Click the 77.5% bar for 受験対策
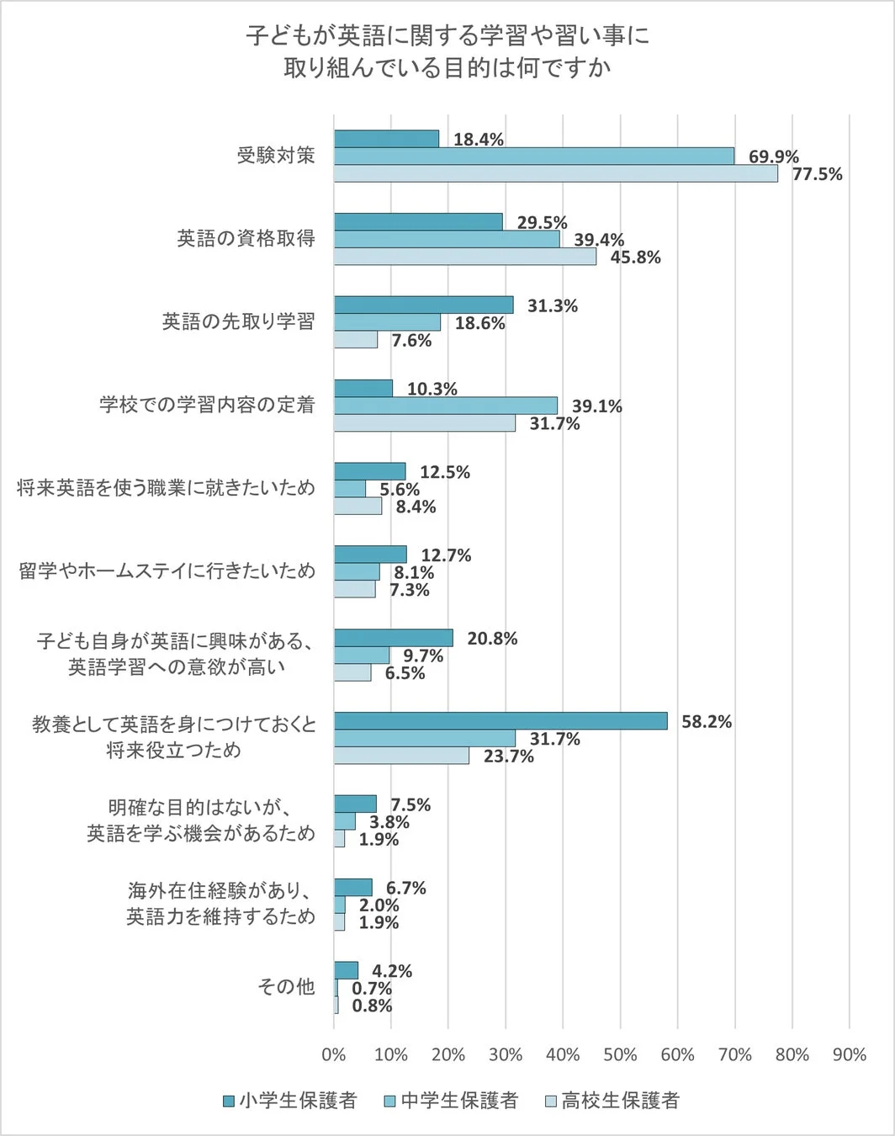[x=555, y=174]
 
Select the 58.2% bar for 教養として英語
[x=500, y=721]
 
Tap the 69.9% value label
[x=774, y=157]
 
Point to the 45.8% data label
[x=635, y=257]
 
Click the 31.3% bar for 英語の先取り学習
[x=423, y=305]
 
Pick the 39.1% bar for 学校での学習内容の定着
[x=446, y=406]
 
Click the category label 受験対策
[x=276, y=156]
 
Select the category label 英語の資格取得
[x=246, y=239]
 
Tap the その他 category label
[x=286, y=987]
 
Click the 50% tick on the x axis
[x=620, y=1055]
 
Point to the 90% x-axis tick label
[x=849, y=1055]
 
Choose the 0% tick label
[x=334, y=1055]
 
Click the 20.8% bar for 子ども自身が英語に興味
[x=393, y=638]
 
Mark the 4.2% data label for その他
[x=392, y=972]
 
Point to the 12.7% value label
[x=446, y=555]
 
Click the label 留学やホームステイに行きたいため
[x=167, y=571]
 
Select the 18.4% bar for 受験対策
[x=386, y=139]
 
